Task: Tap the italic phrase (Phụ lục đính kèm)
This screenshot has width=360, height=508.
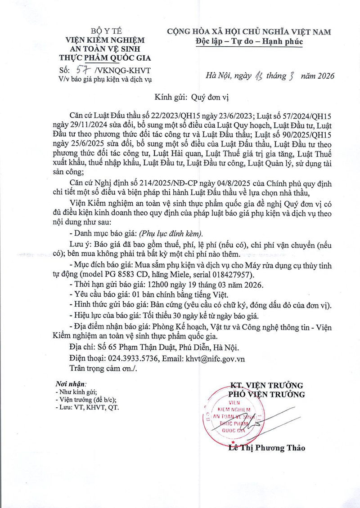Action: point(171,233)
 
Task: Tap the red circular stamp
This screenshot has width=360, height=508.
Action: point(234,416)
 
